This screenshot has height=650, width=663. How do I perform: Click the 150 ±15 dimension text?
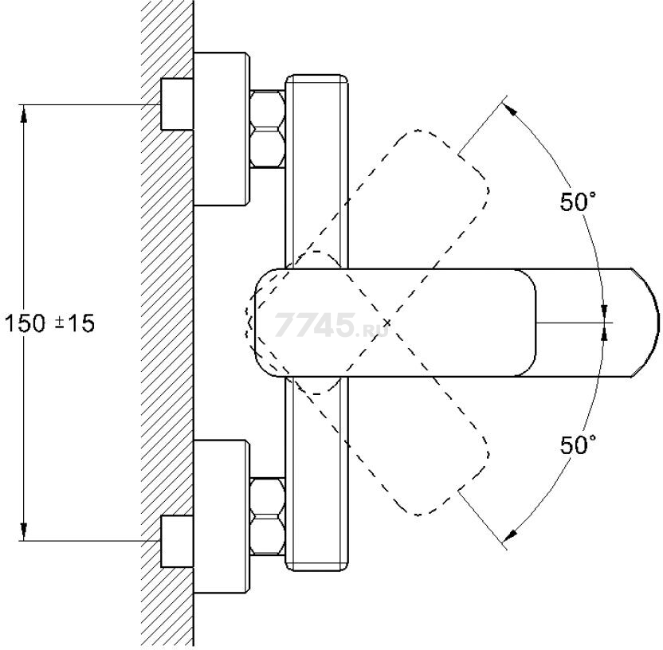(49, 323)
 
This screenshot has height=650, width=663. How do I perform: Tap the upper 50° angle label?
(578, 202)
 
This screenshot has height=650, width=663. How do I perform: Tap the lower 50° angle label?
(578, 444)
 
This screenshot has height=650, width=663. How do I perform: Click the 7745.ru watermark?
(331, 325)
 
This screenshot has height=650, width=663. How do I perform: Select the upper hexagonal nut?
(267, 129)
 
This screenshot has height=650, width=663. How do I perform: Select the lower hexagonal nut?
(267, 516)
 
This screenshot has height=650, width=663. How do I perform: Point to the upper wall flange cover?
(222, 129)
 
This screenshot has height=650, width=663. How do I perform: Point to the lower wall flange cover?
(222, 516)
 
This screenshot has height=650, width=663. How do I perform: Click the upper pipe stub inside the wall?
(177, 104)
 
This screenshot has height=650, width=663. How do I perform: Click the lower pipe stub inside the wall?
(177, 541)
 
